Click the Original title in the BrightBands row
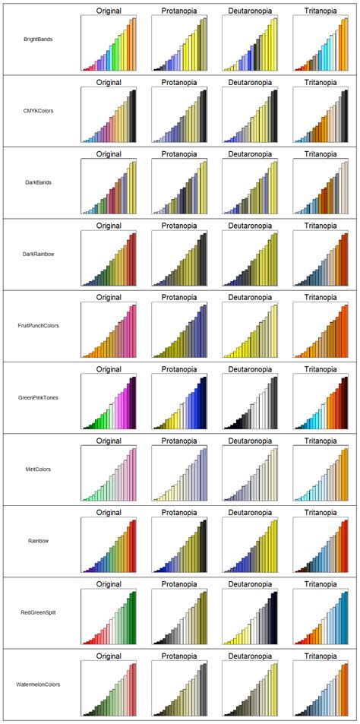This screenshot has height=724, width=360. pos(109,11)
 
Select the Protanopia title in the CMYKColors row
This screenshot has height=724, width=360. pos(180,82)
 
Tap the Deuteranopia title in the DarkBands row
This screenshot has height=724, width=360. pos(251,153)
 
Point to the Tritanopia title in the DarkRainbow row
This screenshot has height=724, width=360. pos(321,226)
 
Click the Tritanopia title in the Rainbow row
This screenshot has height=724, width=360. pos(321,513)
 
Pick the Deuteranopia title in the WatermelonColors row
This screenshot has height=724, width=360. pos(251,656)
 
